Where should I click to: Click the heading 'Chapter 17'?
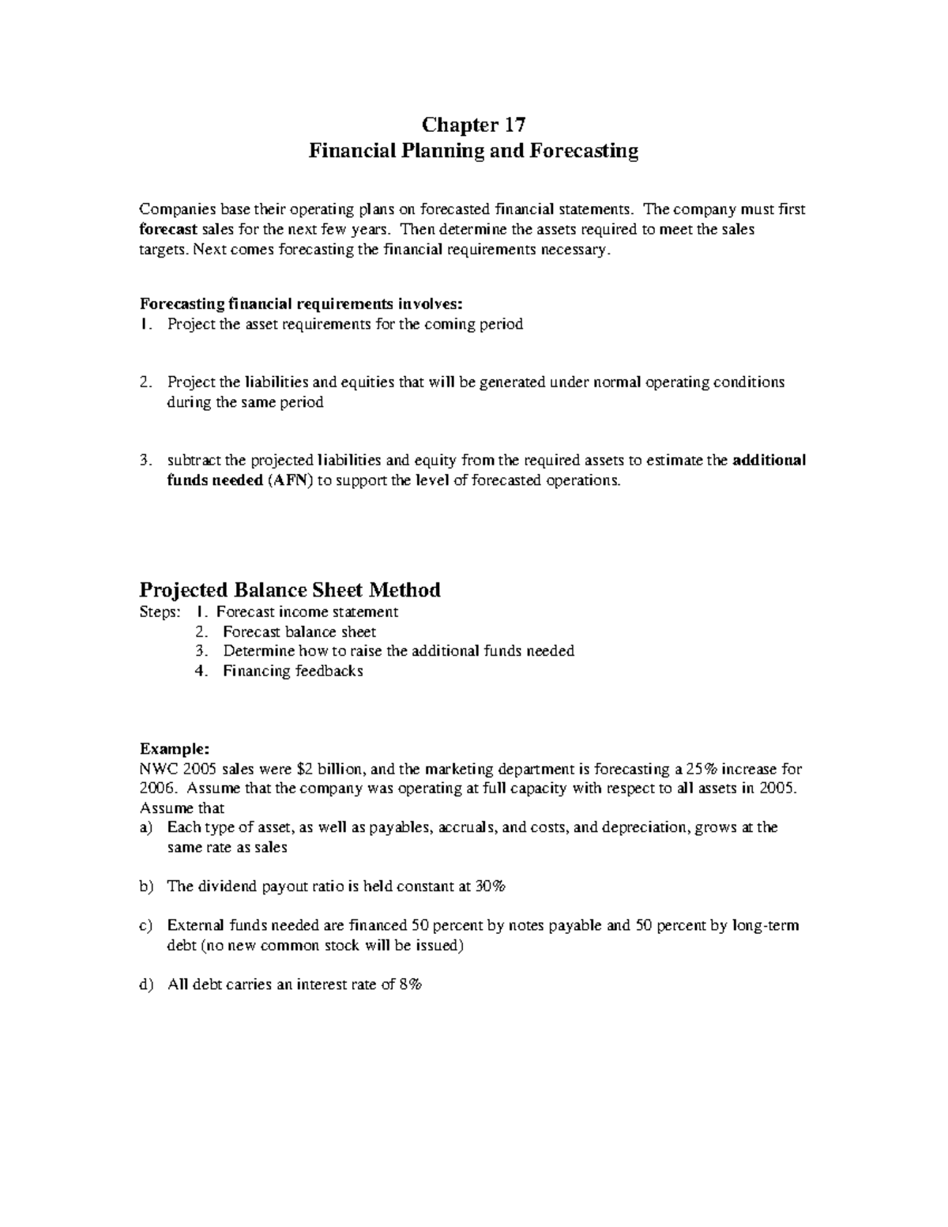tap(473, 125)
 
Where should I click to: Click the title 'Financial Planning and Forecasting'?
tap(473, 150)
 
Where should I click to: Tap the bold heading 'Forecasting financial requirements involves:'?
tap(298, 304)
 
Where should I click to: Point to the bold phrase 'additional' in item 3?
tap(769, 461)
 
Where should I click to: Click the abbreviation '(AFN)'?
tap(289, 481)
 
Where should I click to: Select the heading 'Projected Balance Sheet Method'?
tap(290, 589)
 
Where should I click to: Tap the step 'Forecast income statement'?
tap(307, 612)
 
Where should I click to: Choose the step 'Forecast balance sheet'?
tap(299, 632)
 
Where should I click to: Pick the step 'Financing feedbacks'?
tap(293, 672)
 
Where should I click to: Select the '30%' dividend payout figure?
tap(490, 886)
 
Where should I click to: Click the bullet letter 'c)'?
tap(145, 925)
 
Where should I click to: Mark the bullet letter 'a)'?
tap(145, 827)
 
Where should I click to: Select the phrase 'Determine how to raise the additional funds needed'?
tap(398, 652)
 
